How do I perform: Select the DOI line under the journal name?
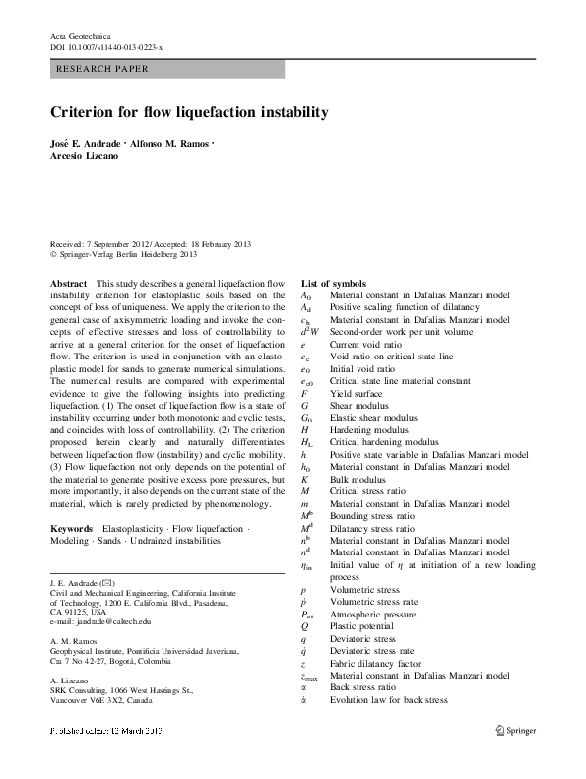pos(106,46)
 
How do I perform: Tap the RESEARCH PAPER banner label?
pos(103,70)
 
